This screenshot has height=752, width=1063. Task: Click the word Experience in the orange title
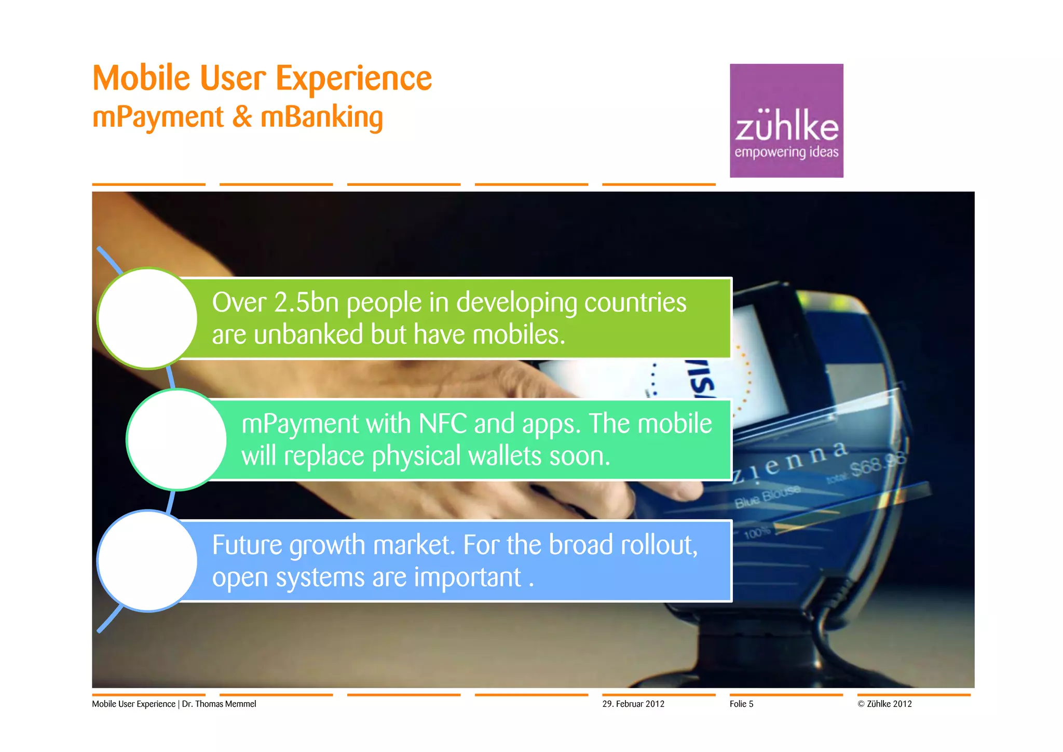point(353,79)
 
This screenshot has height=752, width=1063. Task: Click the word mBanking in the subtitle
point(321,117)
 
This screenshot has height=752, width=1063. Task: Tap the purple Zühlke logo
point(786,120)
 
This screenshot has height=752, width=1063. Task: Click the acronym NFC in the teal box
point(443,424)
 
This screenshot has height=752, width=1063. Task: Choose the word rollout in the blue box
point(659,545)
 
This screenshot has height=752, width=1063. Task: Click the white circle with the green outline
point(147,318)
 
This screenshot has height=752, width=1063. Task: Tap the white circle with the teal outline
point(176,439)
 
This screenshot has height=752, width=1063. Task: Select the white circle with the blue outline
point(147,561)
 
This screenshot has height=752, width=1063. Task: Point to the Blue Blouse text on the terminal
point(767,496)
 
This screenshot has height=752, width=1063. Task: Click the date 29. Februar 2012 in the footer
point(633,704)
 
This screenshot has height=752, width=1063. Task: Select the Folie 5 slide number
point(741,704)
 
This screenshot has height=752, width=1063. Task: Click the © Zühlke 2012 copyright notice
point(884,704)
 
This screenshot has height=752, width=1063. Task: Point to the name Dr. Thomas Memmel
point(219,704)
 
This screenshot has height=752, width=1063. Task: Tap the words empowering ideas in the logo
point(786,152)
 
